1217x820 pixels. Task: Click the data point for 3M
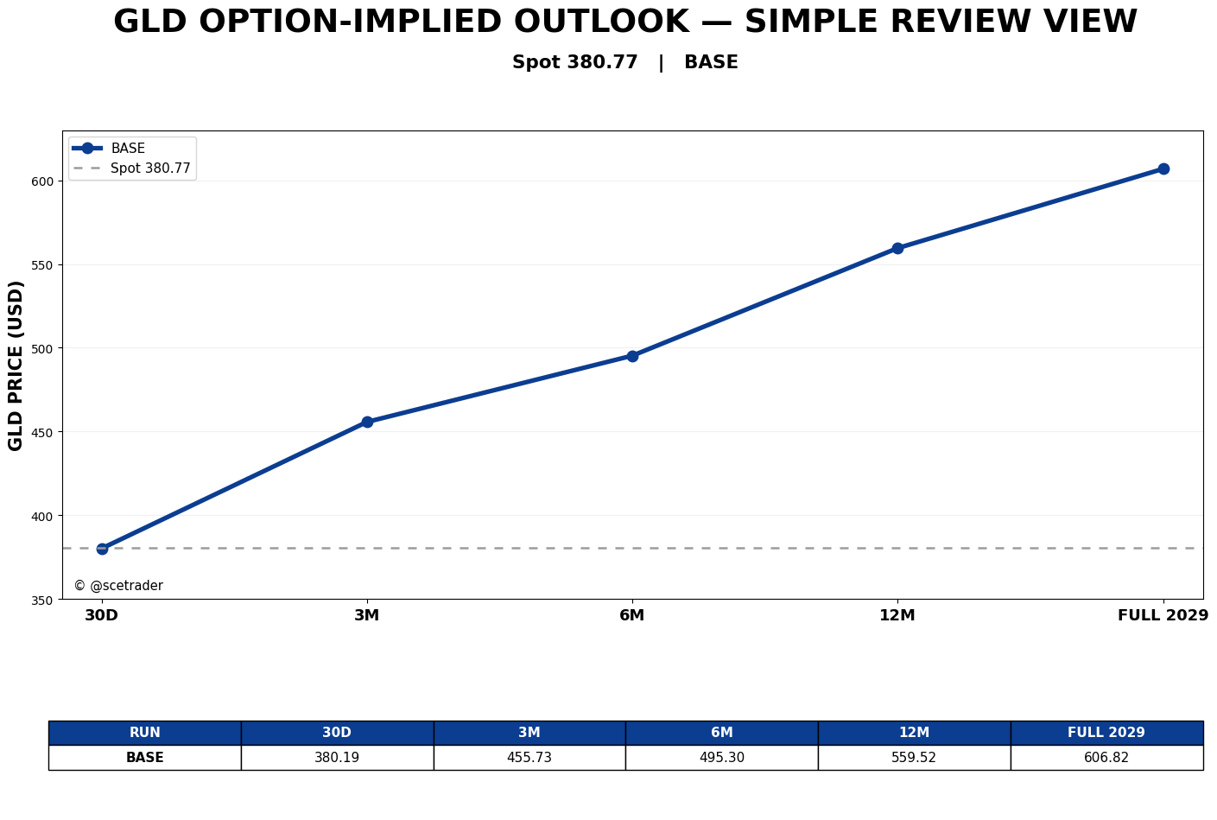coord(367,423)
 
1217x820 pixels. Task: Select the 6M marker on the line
coord(632,357)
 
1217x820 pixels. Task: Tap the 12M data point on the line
coord(897,248)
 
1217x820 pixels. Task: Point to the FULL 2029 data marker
coord(1163,169)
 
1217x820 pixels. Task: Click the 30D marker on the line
coord(102,549)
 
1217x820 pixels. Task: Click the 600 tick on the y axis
coord(43,181)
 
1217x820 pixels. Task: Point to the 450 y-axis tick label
coord(43,433)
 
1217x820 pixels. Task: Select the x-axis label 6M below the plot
coord(632,615)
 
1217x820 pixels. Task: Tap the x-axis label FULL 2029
coord(1163,615)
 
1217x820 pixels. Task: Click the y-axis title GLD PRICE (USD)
coord(16,366)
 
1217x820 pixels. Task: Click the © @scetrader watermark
coord(118,586)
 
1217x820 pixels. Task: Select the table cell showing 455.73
coord(529,758)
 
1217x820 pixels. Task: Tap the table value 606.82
coord(1106,758)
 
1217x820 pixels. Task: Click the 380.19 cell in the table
coord(337,758)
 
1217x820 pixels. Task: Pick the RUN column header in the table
coord(144,733)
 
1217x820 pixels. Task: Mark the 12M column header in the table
coord(914,733)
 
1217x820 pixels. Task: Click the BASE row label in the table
coord(144,758)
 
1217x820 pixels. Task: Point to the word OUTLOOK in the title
coord(601,22)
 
